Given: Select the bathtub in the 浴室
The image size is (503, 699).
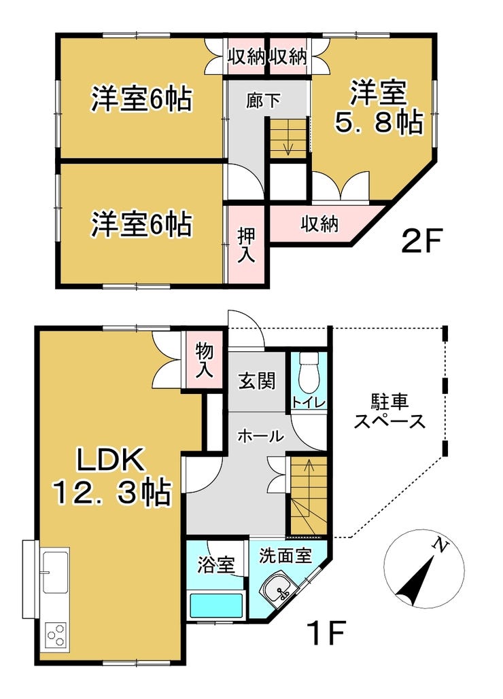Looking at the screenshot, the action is pos(216,605).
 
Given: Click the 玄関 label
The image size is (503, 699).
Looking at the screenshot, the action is pos(257,380).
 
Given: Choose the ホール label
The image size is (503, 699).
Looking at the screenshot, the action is pos(260,435).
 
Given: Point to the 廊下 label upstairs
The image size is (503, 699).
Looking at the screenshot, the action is pos(264,101).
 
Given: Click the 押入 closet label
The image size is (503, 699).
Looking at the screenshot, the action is pos(246,245).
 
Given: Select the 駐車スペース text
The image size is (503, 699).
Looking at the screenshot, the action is pos(389,412).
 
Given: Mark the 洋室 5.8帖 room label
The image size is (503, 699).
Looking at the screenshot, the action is pos(379,107).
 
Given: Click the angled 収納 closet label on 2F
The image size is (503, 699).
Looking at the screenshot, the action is pos(319,223).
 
